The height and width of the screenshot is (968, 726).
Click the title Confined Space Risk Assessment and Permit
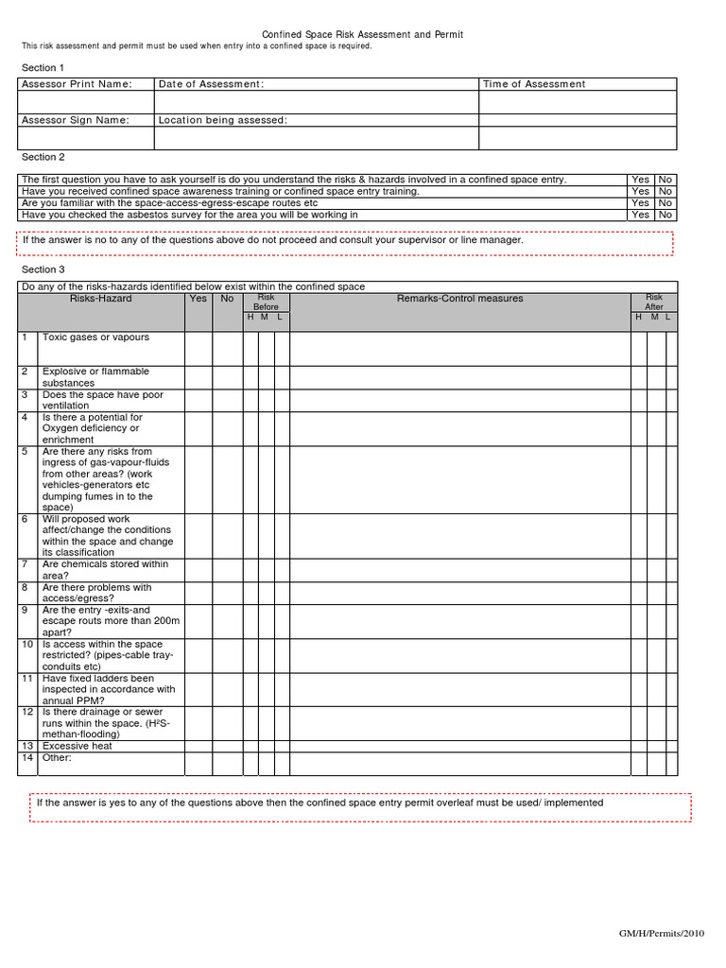362,34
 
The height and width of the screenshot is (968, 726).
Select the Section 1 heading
43,68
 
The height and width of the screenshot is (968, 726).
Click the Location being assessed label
223,120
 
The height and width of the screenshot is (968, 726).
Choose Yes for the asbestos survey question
640,215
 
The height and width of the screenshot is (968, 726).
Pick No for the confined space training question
665,191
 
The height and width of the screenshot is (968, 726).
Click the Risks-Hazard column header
101,299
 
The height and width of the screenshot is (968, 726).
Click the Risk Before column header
266,302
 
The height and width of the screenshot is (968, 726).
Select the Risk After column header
653,302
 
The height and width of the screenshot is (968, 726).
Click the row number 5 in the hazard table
25,452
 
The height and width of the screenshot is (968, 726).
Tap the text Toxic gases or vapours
95,337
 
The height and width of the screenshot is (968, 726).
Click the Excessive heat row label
78,746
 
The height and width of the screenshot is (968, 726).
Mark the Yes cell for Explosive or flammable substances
198,377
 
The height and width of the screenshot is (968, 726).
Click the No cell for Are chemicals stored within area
227,570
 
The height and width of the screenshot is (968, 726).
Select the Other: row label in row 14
57,757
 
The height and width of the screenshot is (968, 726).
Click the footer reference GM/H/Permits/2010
663,934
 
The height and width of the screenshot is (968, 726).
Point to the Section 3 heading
43,269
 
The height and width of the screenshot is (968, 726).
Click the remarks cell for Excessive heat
459,746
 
